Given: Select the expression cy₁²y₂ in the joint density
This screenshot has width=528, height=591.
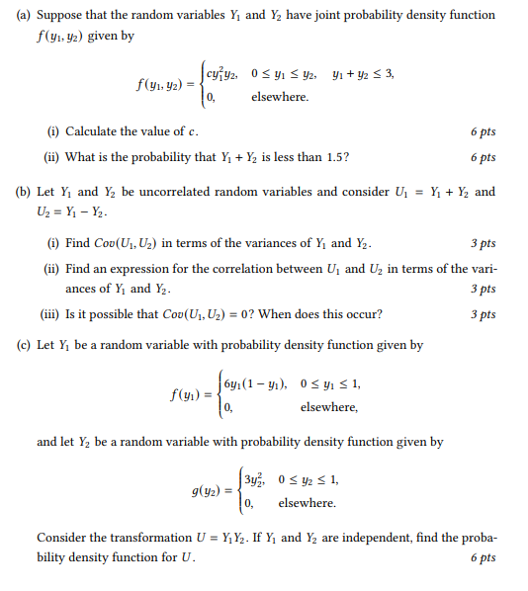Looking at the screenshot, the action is click(227, 75).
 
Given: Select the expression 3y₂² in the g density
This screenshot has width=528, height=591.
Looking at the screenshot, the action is click(256, 481).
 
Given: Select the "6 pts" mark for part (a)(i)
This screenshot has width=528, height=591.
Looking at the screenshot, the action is click(483, 131).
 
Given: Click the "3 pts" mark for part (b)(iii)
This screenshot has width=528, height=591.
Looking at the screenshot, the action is click(483, 315).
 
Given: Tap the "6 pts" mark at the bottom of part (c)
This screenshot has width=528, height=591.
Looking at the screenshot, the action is click(483, 558).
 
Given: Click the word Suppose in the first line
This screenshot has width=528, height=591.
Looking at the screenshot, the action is click(62, 16).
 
